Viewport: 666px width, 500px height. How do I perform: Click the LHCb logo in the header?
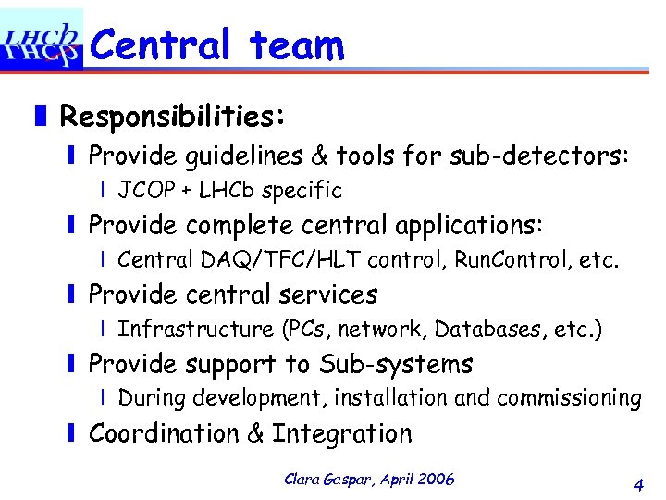42,40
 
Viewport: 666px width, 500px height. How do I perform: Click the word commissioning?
569,398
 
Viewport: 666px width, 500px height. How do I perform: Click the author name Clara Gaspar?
323,479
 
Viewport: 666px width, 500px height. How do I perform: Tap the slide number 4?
637,483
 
